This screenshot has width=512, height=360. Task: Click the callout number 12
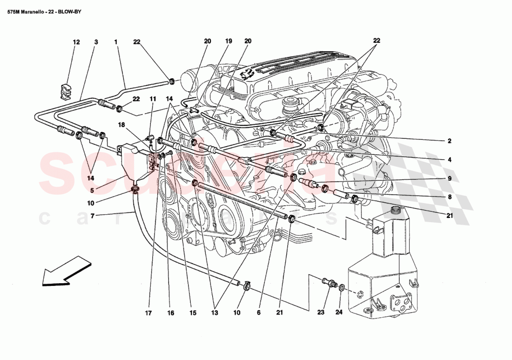coord(76,42)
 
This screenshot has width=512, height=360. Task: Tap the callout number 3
coord(96,42)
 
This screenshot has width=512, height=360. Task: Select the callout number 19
coord(228,41)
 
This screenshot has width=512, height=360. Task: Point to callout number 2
coord(450,141)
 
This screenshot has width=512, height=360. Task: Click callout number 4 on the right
coord(450,160)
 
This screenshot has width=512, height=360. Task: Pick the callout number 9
coord(450,178)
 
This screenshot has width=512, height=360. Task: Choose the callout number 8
coord(450,197)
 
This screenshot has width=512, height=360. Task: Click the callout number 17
coord(148,313)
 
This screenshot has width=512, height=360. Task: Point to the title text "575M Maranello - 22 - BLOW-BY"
coord(44,11)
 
